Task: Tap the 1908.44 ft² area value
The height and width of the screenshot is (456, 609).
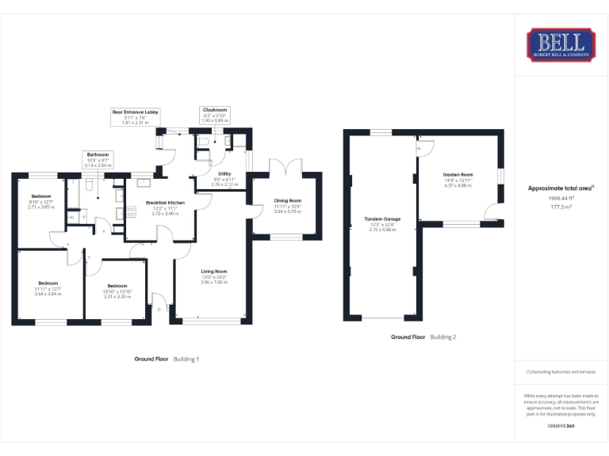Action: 561,199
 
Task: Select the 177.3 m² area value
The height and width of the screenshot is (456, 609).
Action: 561,206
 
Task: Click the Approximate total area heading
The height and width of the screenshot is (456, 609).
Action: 561,188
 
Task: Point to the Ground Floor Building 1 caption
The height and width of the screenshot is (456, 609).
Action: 167,359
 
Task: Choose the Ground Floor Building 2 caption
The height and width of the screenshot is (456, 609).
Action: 423,336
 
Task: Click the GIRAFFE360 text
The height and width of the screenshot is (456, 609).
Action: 561,427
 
